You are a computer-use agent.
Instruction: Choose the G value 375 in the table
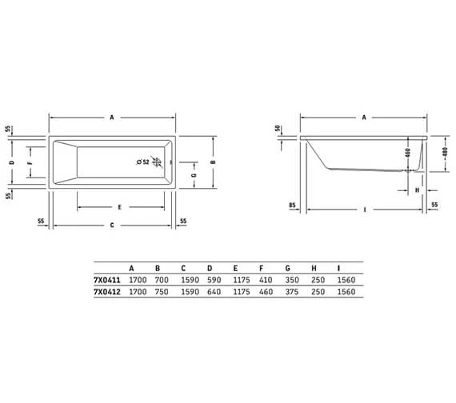pos(289,293)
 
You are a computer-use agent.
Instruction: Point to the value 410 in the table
pos(262,281)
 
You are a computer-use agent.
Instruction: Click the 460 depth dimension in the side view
pos(407,152)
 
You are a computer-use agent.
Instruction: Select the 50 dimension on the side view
pos(278,128)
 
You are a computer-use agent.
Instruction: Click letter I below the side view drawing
pos(365,210)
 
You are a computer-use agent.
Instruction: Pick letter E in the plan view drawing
pos(118,207)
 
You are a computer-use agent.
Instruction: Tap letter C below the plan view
pos(113,225)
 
